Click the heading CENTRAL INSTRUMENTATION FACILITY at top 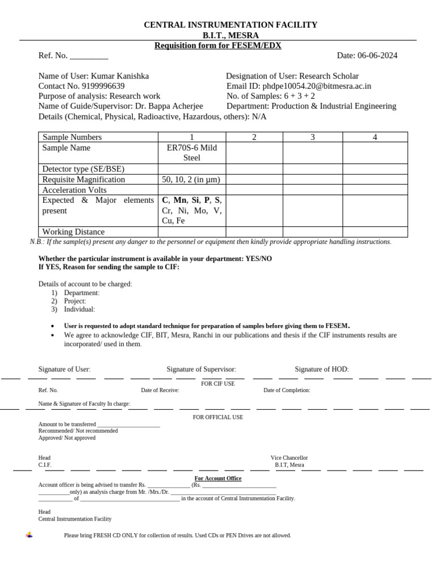230,25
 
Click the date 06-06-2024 378,56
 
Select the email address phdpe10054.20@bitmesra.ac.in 317,86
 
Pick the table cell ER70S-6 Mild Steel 192,153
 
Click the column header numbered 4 375,137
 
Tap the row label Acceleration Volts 74,190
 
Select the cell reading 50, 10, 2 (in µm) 191,180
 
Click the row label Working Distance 74,232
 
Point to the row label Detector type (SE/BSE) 83,169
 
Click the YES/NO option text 258,259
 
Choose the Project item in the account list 75,301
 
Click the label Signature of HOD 322,369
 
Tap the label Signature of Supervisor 202,369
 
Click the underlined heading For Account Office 218,479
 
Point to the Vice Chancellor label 289,458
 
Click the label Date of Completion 287,390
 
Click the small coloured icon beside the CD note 29,535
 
